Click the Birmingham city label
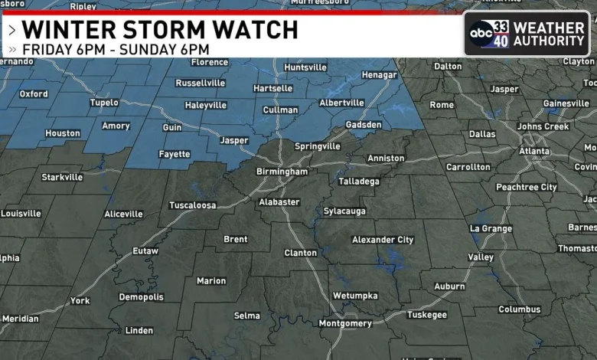pyautogui.click(x=282, y=172)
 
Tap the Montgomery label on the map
pyautogui.click(x=344, y=323)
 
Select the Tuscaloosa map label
pyautogui.click(x=192, y=205)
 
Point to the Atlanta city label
pyautogui.click(x=533, y=151)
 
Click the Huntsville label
pyautogui.click(x=305, y=67)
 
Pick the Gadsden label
pyautogui.click(x=363, y=125)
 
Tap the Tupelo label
pyautogui.click(x=104, y=102)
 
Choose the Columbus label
pyautogui.click(x=519, y=309)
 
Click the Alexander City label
pyautogui.click(x=383, y=240)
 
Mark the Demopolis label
pyautogui.click(x=141, y=297)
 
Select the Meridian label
pyautogui.click(x=20, y=319)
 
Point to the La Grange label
pyautogui.click(x=491, y=228)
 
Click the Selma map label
pyautogui.click(x=246, y=316)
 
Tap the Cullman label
pyautogui.click(x=279, y=110)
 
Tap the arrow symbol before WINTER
pyautogui.click(x=12, y=31)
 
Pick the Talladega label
pyautogui.click(x=358, y=182)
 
